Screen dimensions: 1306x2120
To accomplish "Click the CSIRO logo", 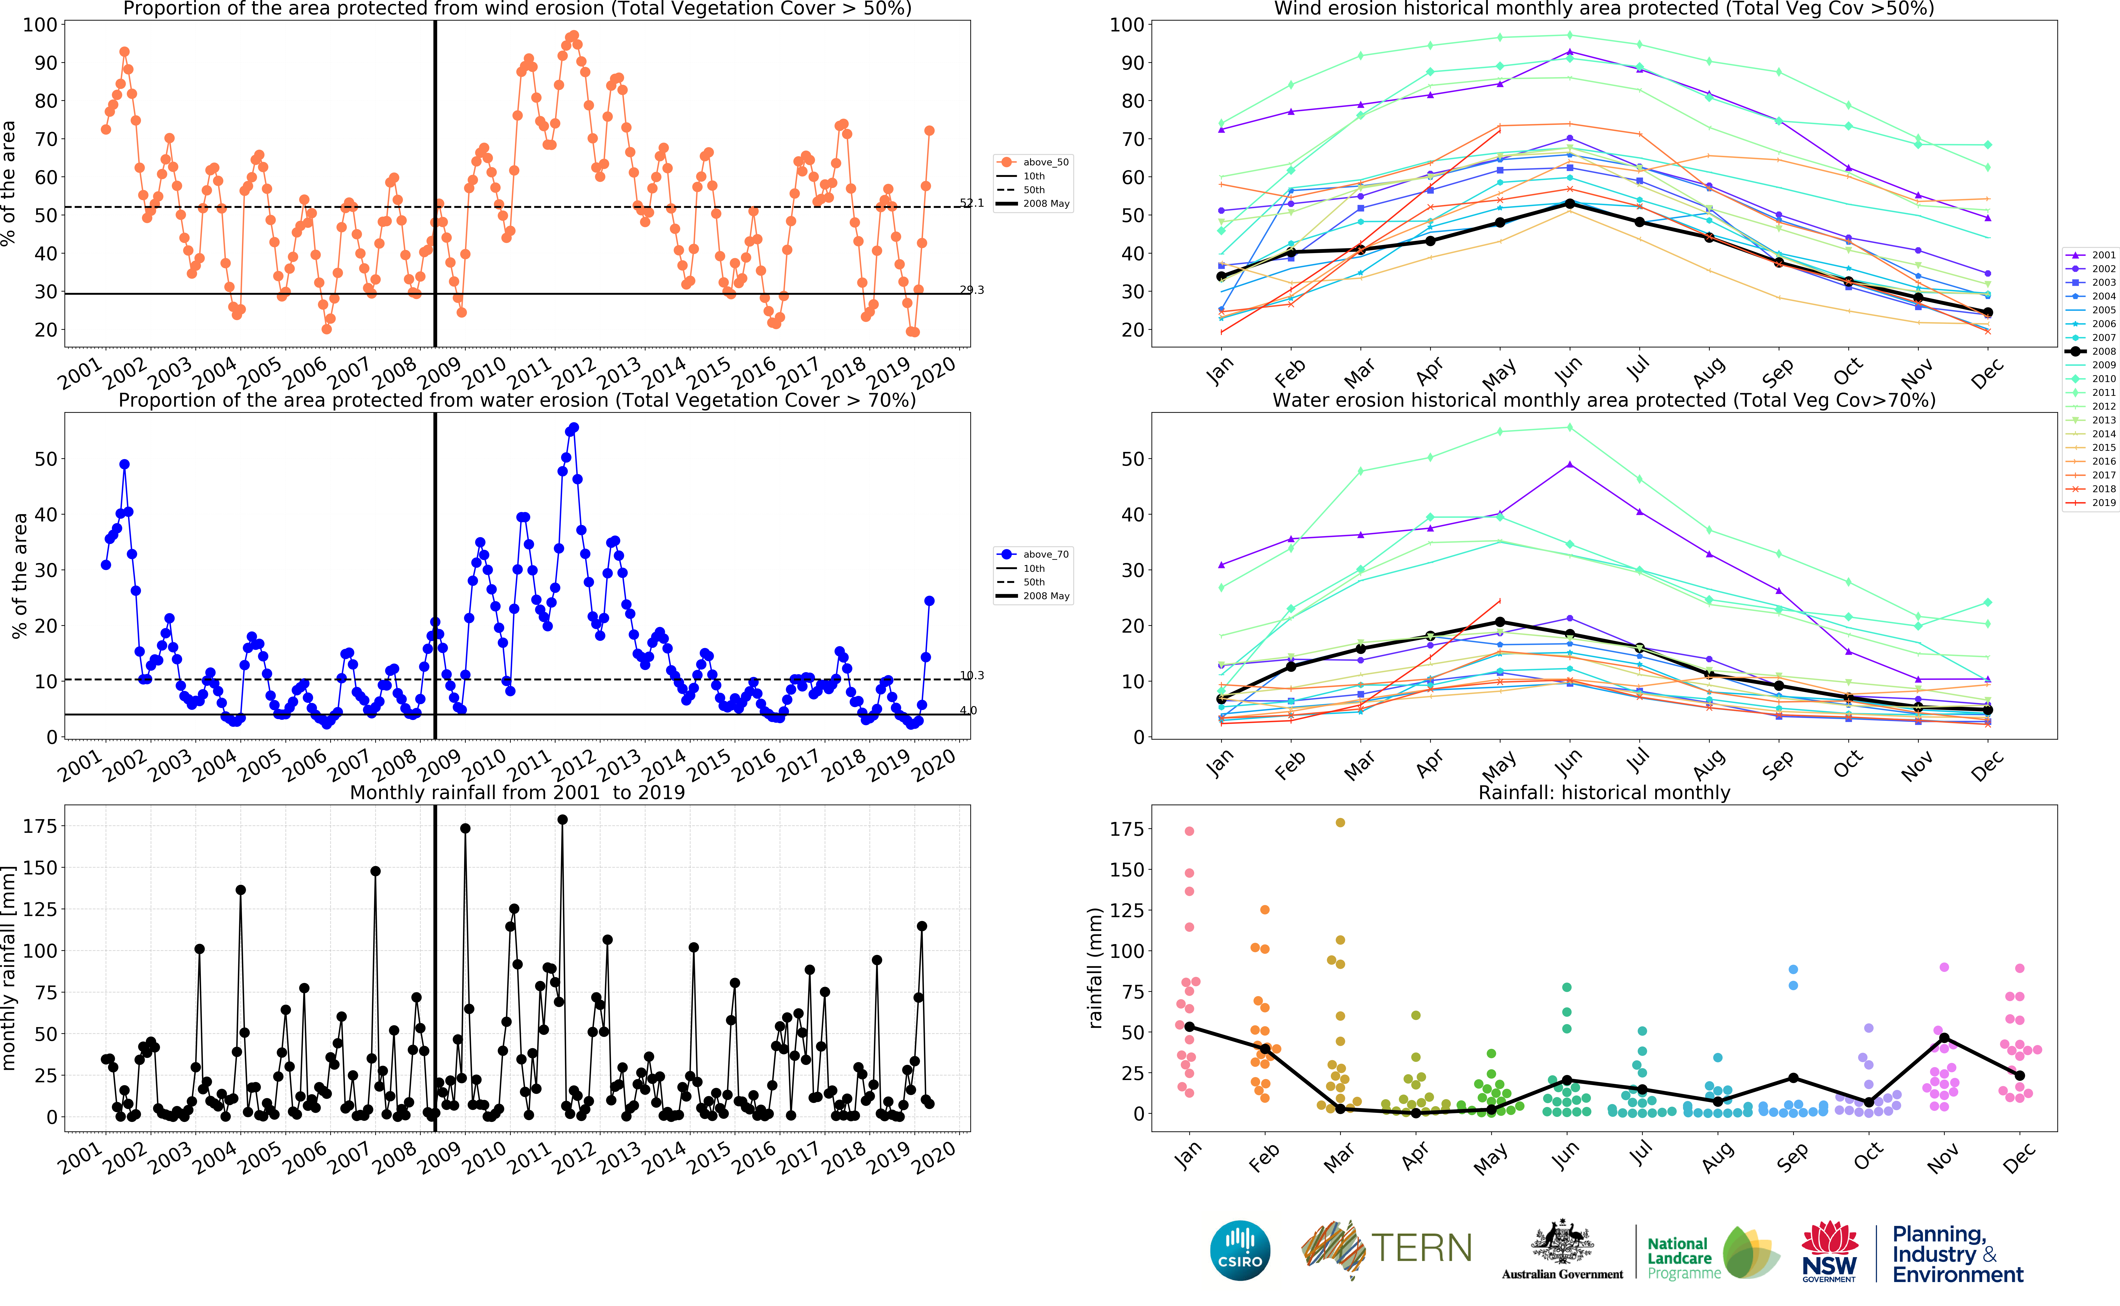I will tap(1240, 1250).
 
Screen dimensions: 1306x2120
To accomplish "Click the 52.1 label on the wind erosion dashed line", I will tap(971, 203).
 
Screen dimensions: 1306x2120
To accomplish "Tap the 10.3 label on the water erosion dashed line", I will tap(971, 675).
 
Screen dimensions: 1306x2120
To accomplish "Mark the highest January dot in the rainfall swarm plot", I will tap(1189, 831).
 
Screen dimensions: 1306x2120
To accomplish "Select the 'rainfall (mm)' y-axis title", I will tap(1096, 967).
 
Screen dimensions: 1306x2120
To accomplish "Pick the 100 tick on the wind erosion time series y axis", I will tap(40, 25).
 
